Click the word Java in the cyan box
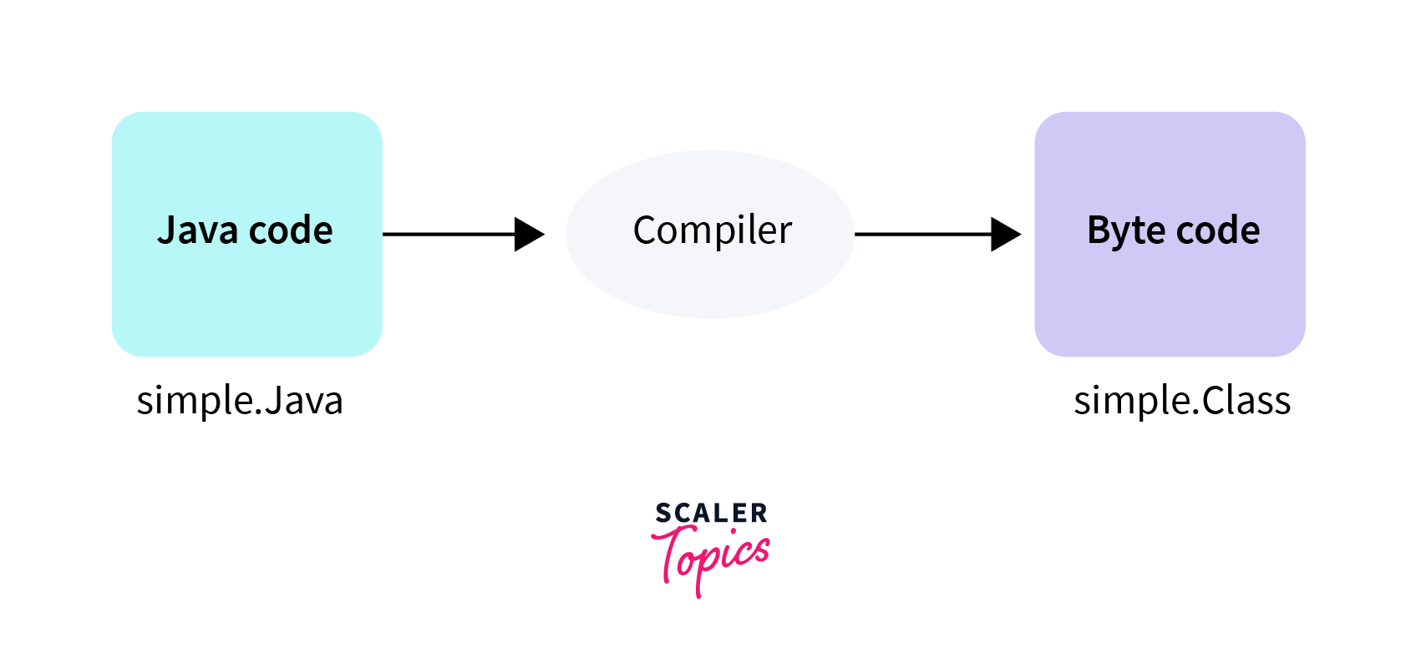pos(197,230)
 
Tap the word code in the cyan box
pos(291,230)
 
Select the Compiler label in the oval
pos(712,230)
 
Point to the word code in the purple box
pos(1219,230)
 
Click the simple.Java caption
pos(240,401)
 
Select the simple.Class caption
pos(1182,401)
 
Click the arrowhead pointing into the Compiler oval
pos(529,235)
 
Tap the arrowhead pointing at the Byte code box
pos(1005,235)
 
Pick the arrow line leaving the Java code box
pos(448,235)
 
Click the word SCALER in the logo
pos(711,513)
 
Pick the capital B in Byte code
pos(1099,230)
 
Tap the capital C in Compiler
pos(645,230)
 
